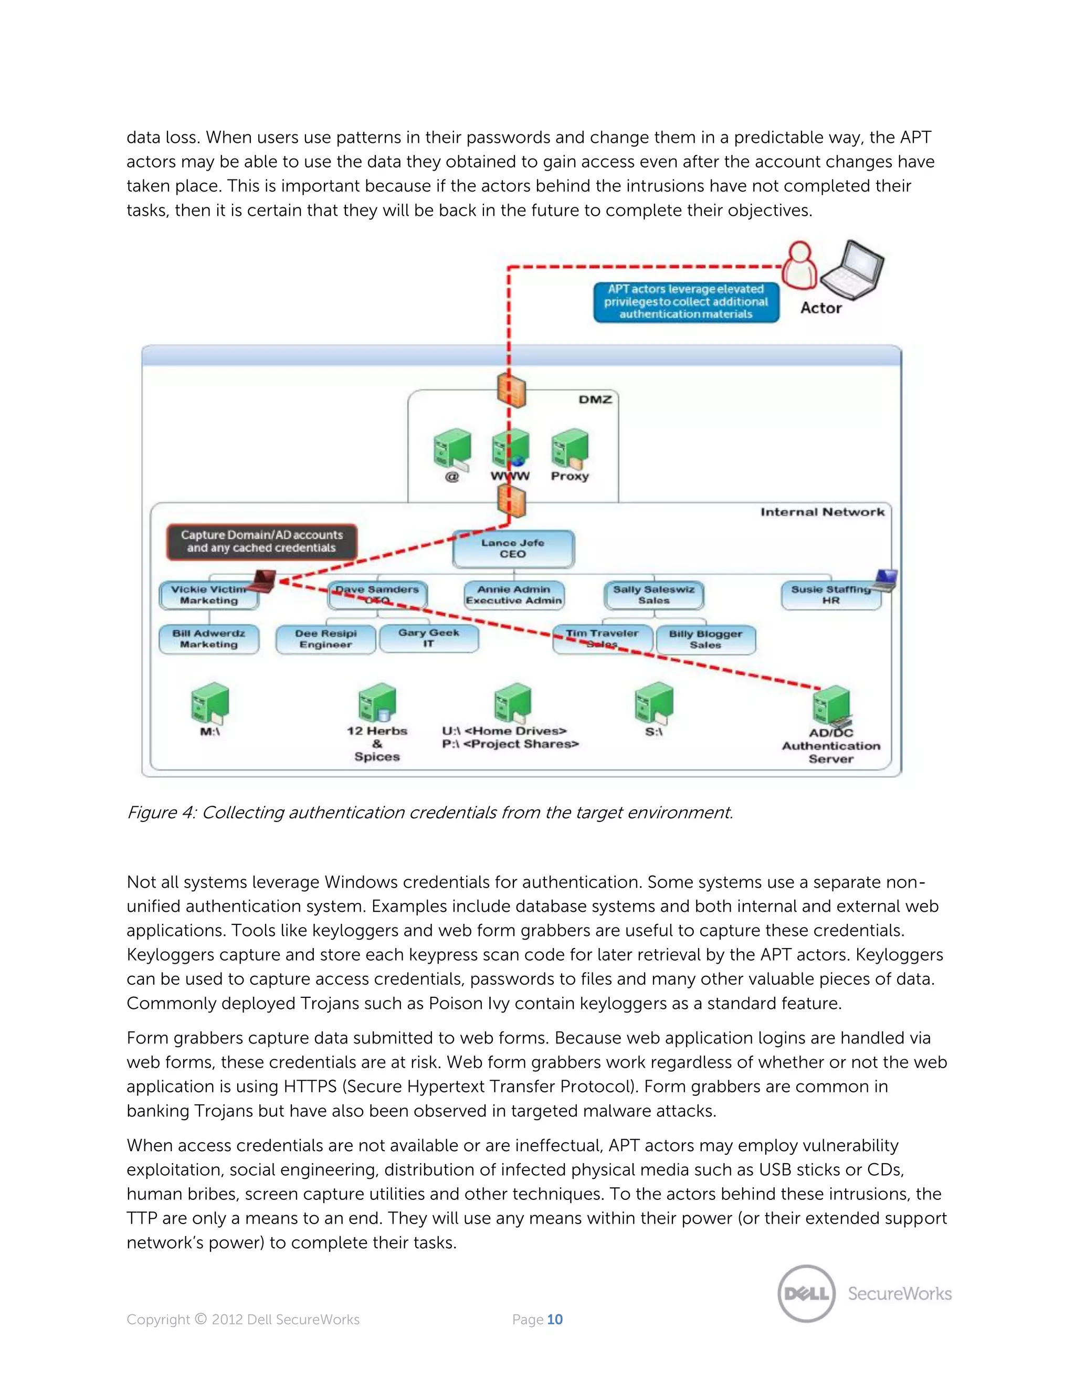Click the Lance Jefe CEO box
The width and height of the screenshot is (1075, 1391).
pyautogui.click(x=513, y=549)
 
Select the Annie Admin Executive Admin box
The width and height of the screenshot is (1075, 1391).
pyautogui.click(x=513, y=595)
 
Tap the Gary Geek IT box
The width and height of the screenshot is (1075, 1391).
pyautogui.click(x=429, y=638)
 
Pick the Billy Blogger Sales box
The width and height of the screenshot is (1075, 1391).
pyautogui.click(x=705, y=639)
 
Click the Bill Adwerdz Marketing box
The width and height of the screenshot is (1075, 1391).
pyautogui.click(x=209, y=639)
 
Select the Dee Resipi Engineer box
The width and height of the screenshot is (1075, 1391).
pyautogui.click(x=325, y=639)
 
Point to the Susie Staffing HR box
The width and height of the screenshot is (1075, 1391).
pyautogui.click(x=830, y=595)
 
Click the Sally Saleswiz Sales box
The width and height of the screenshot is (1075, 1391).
pyautogui.click(x=654, y=595)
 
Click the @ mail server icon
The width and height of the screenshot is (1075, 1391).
pyautogui.click(x=451, y=450)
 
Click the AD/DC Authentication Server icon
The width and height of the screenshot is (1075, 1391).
pyautogui.click(x=831, y=707)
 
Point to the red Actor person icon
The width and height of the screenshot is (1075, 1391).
pyautogui.click(x=799, y=266)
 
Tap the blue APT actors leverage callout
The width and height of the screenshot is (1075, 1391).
pyautogui.click(x=686, y=302)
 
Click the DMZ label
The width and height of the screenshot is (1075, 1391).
pyautogui.click(x=595, y=399)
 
